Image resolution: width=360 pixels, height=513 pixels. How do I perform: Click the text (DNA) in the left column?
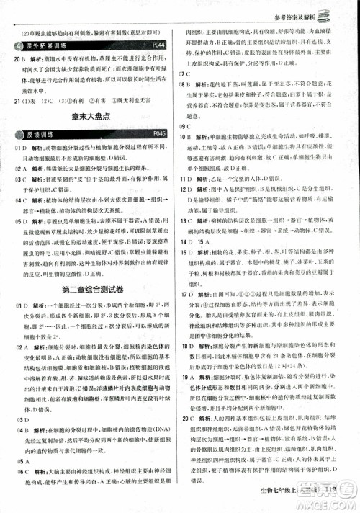click(162, 433)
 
